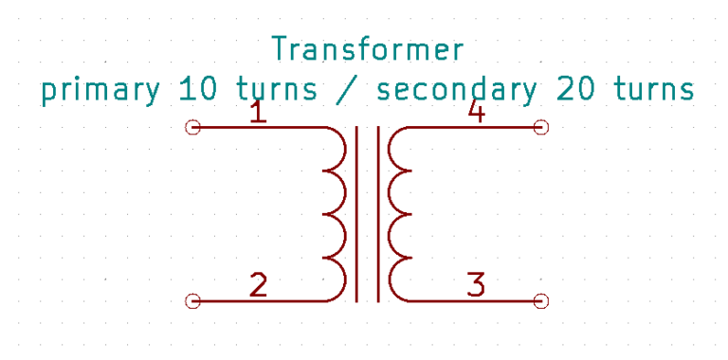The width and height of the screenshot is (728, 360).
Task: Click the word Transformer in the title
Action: pos(367,48)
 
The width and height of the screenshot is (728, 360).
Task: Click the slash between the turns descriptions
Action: pos(347,90)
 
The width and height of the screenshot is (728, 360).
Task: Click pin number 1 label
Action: pos(257,114)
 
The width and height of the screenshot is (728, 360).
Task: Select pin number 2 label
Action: pos(257,284)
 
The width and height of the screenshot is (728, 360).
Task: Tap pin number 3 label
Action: pos(476,284)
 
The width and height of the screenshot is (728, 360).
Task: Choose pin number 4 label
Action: pos(476,114)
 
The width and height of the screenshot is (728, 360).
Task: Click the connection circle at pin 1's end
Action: pos(193,127)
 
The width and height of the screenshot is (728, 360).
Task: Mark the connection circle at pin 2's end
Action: pos(193,301)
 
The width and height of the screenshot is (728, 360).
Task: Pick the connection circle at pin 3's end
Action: pos(541,301)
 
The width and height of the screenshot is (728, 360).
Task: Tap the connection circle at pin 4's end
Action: pos(541,127)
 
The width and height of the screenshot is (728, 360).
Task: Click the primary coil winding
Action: pos(337,214)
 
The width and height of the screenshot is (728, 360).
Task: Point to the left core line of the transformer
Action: pos(356,214)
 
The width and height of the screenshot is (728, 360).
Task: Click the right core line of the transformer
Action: pos(378,214)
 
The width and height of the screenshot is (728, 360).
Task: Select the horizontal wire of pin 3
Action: pos(474,301)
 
